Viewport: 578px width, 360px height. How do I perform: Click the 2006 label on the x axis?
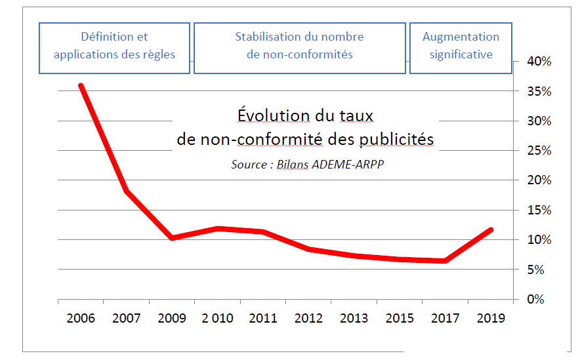coord(81,319)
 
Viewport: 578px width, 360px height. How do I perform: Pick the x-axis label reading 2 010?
coord(217,319)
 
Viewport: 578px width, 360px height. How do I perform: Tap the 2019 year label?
coord(491,319)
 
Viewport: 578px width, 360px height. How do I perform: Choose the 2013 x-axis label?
coord(354,319)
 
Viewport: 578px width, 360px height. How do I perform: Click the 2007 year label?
coord(127,319)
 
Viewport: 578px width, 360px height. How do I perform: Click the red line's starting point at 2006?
coord(81,86)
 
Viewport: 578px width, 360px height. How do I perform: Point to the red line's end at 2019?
coord(491,230)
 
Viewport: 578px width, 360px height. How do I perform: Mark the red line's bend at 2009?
coord(172,237)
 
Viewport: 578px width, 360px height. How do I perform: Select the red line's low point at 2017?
coord(445,261)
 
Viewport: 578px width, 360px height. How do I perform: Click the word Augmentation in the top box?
coord(461,37)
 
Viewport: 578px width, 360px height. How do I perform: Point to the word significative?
coord(461,54)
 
